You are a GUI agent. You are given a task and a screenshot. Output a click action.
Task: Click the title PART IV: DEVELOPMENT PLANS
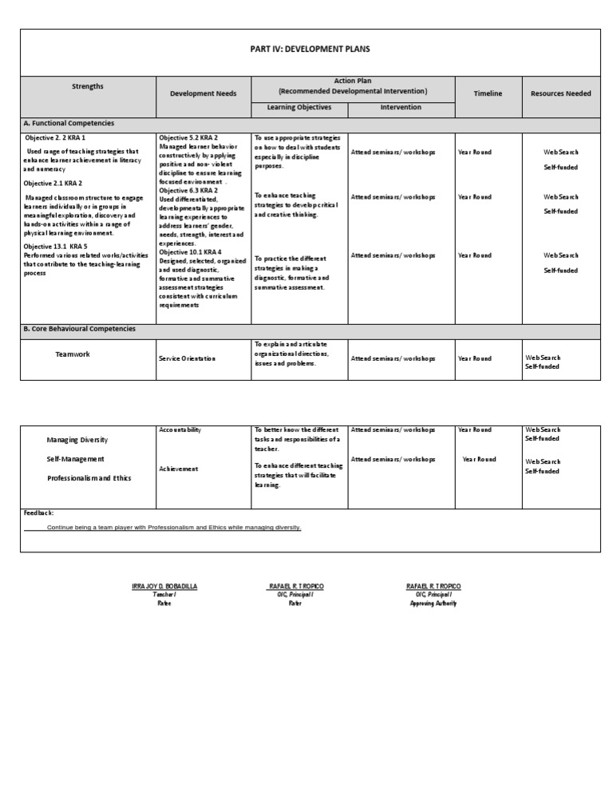tap(310, 49)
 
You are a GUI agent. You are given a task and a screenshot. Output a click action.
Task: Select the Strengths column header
tap(88, 86)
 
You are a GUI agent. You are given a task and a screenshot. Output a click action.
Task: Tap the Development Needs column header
tap(204, 93)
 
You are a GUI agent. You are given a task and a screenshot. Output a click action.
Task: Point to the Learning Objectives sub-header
tap(299, 107)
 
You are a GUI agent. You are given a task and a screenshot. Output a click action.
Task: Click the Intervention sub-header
tap(401, 107)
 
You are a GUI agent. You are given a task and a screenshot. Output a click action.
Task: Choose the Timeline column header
tap(488, 93)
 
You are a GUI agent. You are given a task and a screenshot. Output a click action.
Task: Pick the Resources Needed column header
tap(560, 93)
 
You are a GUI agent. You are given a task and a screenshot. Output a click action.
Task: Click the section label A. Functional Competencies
tap(69, 124)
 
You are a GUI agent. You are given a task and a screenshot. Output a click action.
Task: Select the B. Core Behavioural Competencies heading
tap(79, 329)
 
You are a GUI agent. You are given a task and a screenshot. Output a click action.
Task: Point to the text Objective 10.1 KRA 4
tap(190, 252)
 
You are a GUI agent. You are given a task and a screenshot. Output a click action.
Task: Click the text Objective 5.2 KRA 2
tap(188, 138)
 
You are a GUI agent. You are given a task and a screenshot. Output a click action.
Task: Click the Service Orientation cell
tap(188, 358)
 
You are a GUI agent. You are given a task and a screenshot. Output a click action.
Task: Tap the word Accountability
tap(180, 429)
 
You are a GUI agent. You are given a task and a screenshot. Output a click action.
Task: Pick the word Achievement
tap(179, 469)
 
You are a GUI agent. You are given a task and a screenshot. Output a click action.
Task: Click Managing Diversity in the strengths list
tap(77, 440)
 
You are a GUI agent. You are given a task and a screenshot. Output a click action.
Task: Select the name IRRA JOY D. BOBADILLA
tap(164, 586)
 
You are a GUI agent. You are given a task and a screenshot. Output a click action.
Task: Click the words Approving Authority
tap(433, 603)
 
